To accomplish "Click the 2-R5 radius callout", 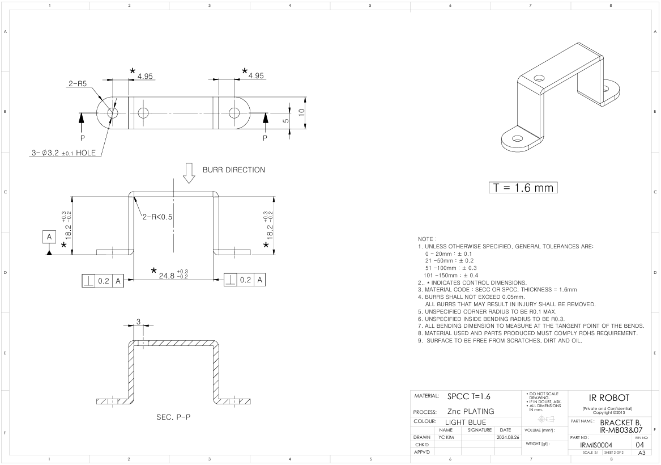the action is coord(78,83).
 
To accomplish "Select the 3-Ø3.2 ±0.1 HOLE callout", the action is coord(63,153).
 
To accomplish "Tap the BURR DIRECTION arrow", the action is coord(189,173).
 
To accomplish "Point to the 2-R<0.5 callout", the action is coord(157,217).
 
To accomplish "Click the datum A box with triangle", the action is coord(49,242).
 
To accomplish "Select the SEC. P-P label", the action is coord(173,417).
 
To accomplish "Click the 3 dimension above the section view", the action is coord(138,322).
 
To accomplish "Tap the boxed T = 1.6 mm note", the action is coord(523,188).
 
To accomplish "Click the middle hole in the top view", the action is coord(143,113).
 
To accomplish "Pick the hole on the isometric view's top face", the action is coord(539,78).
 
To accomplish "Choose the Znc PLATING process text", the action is coord(471,411).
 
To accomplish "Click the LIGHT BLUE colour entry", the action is coord(466,422).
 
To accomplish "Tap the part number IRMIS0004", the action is coord(596,445).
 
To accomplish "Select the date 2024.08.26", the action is coord(508,438).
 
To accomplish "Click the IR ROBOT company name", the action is coord(609,398).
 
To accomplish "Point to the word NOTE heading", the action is coord(426,239).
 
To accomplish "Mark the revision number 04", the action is coord(640,445).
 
